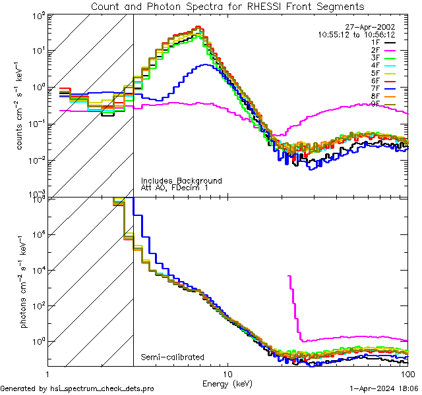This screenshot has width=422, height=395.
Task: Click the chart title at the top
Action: pos(227,7)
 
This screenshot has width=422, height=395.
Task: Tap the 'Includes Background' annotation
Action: pos(181,180)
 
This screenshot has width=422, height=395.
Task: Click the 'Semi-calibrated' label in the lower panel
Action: pos(173,357)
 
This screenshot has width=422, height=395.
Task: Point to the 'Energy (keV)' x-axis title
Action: pos(227,383)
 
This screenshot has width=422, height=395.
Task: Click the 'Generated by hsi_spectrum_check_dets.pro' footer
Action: pos(77,388)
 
